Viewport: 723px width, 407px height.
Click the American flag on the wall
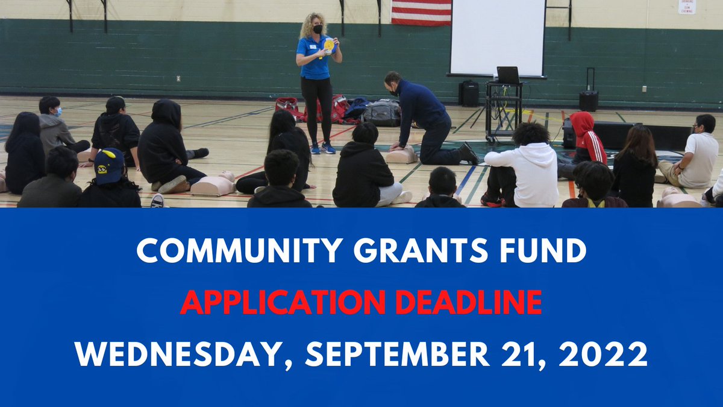pyautogui.click(x=421, y=12)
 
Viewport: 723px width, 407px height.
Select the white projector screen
pyautogui.click(x=497, y=37)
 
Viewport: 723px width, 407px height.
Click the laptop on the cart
pyautogui.click(x=508, y=75)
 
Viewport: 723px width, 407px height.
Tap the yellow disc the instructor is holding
pyautogui.click(x=329, y=45)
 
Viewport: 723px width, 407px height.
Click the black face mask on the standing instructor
pyautogui.click(x=318, y=29)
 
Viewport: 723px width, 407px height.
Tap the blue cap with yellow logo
pyautogui.click(x=109, y=165)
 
